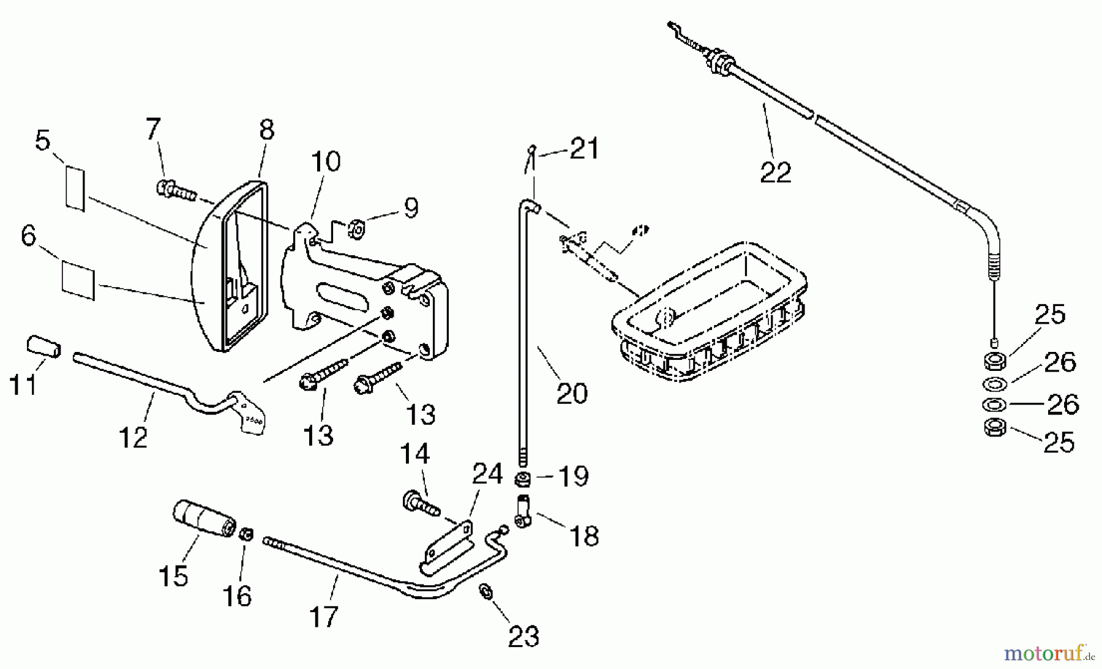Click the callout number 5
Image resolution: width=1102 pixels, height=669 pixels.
tap(42, 141)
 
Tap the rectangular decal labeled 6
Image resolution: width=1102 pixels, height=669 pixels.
tap(78, 280)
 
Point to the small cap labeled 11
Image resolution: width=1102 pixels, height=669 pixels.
tap(43, 346)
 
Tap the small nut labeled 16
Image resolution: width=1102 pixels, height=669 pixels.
tap(246, 534)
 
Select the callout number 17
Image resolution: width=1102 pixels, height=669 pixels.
tap(323, 616)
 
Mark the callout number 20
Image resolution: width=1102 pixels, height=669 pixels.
tap(572, 393)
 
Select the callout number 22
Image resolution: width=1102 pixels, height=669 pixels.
tap(776, 172)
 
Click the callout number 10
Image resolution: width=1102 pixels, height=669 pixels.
tap(326, 162)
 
